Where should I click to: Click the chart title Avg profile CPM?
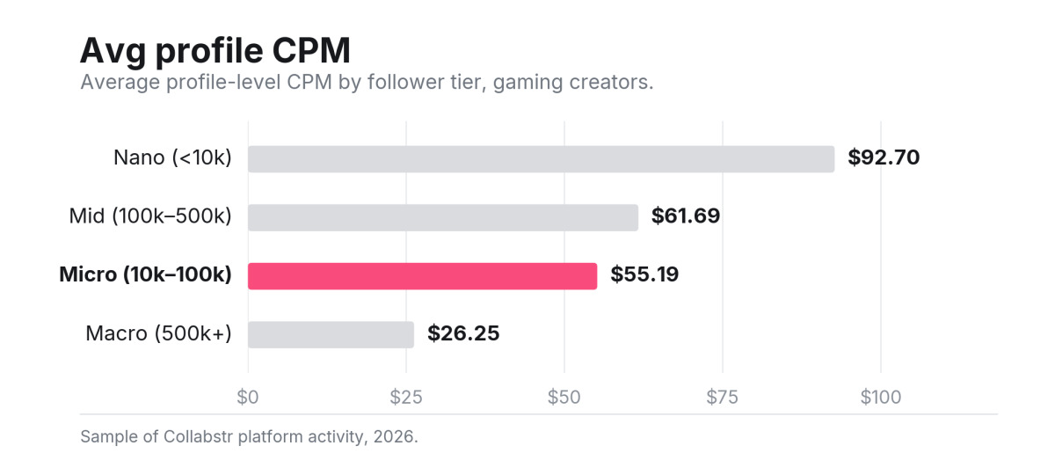pos(215,50)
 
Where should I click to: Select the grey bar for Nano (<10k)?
pos(542,159)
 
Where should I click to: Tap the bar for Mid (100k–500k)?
pos(443,217)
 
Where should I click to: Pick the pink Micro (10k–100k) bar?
pos(423,276)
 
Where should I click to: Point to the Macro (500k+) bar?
pos(331,334)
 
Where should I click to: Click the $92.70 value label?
pos(884,157)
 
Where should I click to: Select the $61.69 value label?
pos(686,216)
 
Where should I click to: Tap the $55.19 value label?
pos(644,274)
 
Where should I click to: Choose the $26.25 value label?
pos(463,333)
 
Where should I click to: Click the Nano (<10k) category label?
pos(173,157)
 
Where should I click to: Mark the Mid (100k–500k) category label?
pos(150,216)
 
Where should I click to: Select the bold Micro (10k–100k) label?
pos(146,274)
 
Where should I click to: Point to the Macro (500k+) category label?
pos(159,333)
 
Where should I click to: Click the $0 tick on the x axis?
pos(248,398)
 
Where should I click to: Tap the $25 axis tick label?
pos(406,398)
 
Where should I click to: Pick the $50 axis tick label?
pos(564,398)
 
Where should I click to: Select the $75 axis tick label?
pos(722,398)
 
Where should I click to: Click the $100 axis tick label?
pos(881,398)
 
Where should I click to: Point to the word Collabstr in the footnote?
pos(199,437)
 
